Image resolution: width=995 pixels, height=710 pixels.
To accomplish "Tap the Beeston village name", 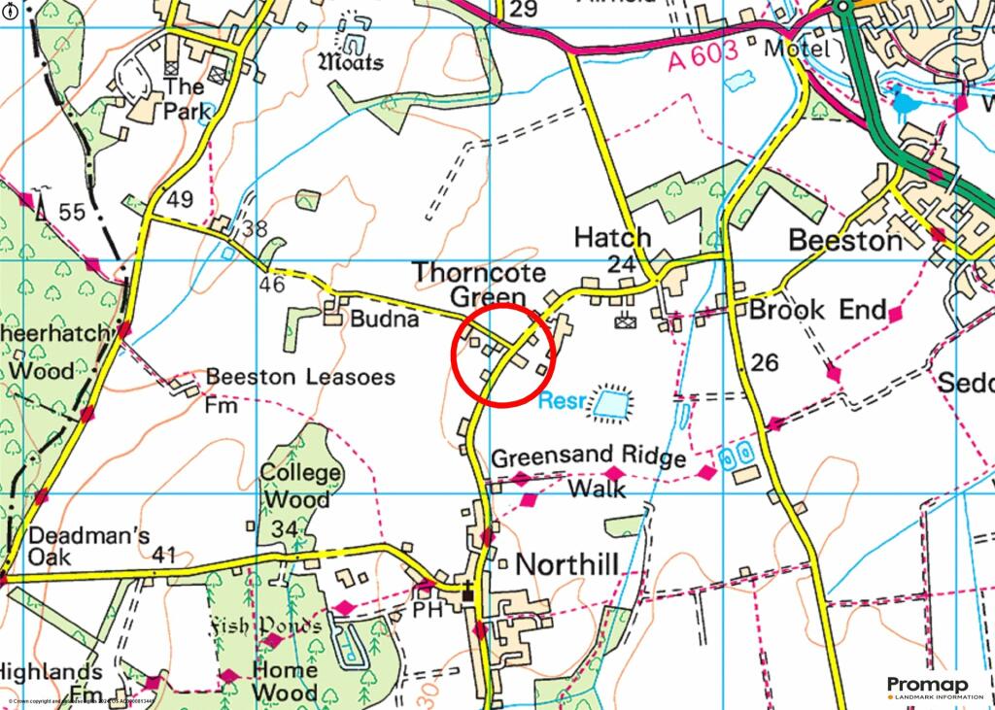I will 844,240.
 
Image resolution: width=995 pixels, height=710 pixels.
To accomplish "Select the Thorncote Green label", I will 479,285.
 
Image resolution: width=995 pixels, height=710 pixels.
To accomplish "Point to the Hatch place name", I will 611,237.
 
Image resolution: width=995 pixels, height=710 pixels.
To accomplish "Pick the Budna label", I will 385,319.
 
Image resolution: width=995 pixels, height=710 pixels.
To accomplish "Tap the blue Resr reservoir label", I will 563,399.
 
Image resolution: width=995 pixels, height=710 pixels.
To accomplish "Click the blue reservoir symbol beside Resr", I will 611,402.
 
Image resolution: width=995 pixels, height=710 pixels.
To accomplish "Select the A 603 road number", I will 704,60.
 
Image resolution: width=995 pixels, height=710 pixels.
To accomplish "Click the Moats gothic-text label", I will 351,62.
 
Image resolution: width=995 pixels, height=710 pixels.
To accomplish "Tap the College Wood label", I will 301,487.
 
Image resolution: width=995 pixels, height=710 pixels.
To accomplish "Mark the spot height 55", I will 70,212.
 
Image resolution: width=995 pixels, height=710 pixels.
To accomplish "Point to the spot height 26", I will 765,362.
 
